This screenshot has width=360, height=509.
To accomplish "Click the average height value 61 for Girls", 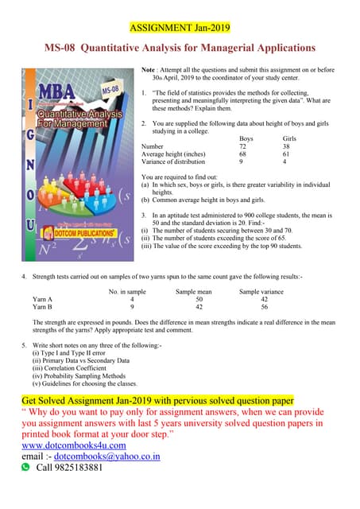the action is pos(287,154).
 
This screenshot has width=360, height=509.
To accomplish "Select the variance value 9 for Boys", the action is pos(242,162).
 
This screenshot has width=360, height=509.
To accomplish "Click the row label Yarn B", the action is pos(43,309).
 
